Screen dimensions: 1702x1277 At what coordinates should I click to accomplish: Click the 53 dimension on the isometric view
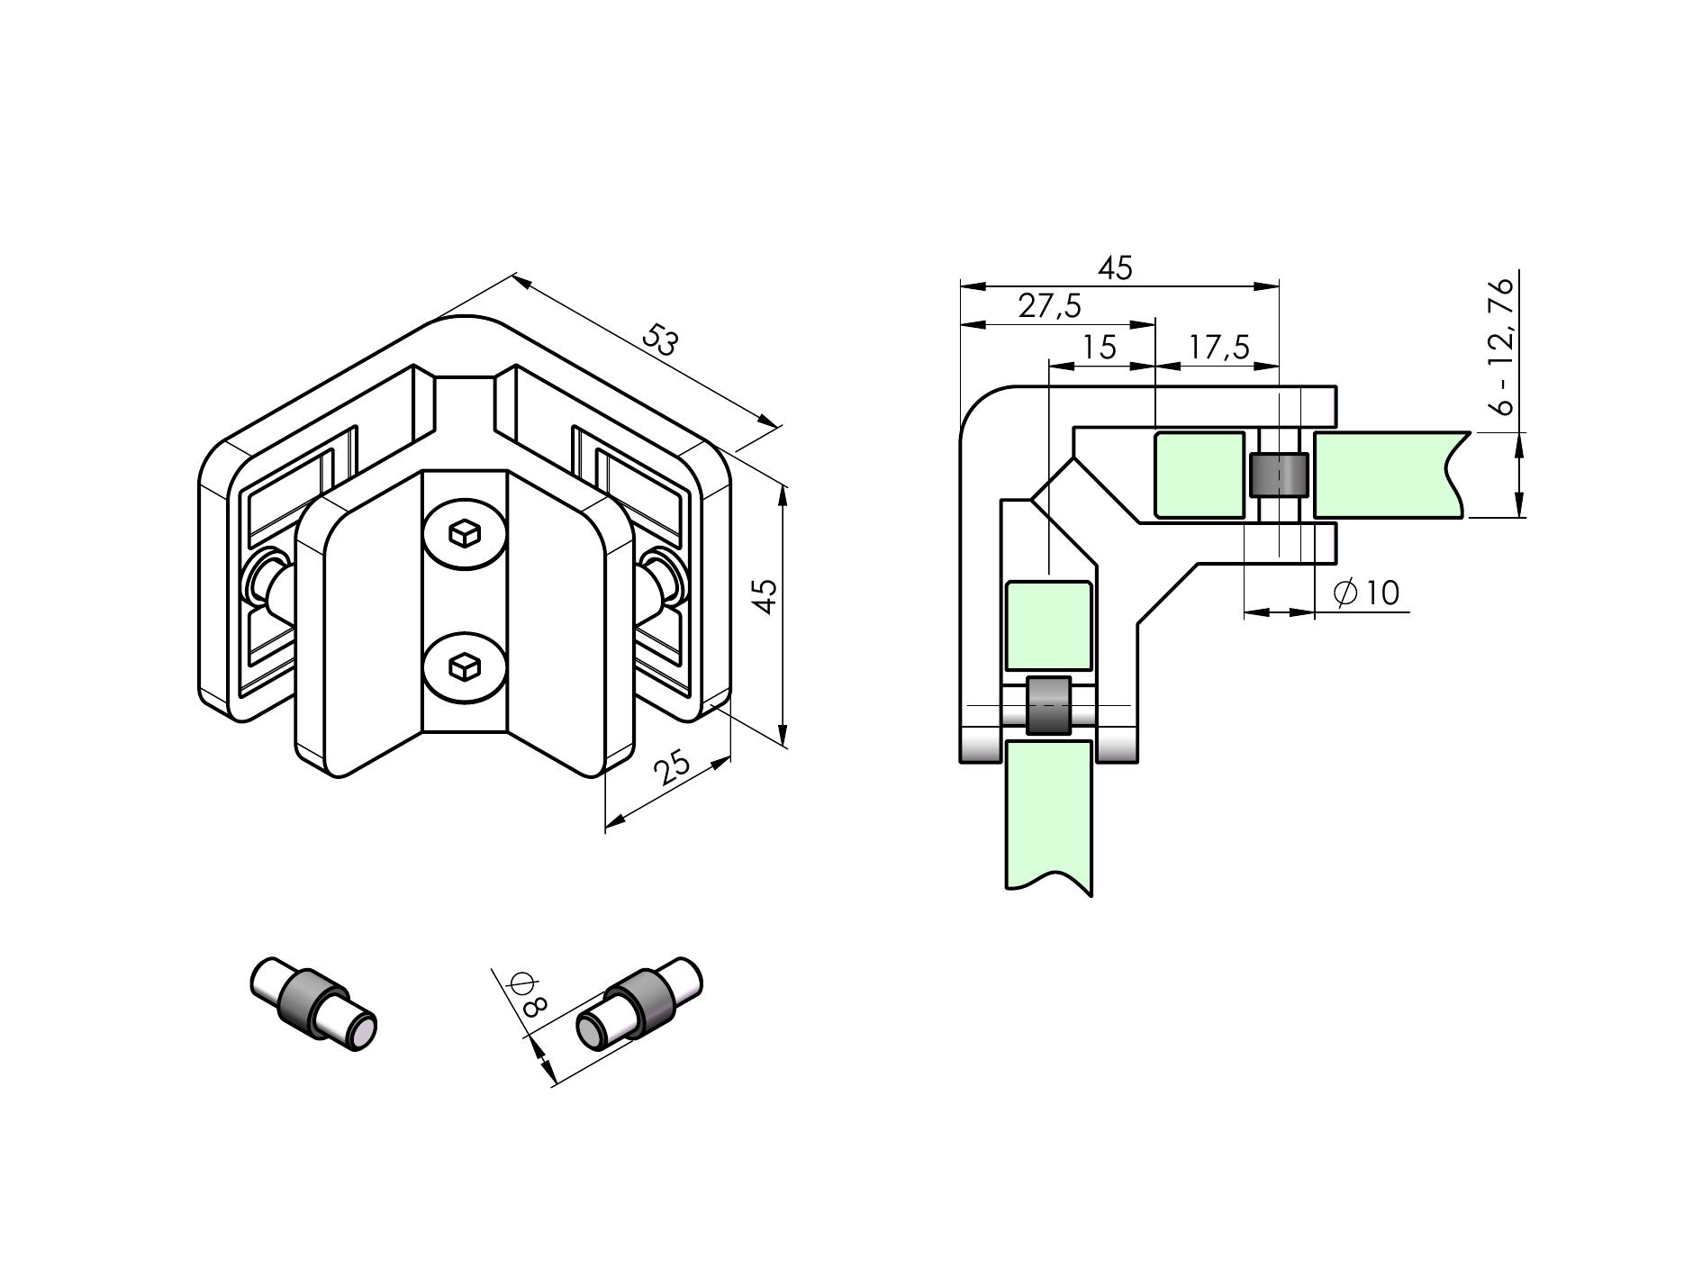pos(659,341)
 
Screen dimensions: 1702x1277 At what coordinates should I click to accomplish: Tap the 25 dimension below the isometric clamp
pos(672,767)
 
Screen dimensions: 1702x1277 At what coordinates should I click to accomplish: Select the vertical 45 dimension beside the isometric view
pos(765,596)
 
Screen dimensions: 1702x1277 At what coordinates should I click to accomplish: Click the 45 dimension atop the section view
pos(1115,268)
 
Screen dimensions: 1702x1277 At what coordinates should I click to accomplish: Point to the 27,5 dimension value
pos(1049,306)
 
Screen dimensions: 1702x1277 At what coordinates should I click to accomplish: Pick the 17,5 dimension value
pos(1218,347)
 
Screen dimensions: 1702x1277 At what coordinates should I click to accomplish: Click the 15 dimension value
pos(1100,347)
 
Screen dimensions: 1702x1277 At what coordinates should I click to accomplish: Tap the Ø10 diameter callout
pos(1366,593)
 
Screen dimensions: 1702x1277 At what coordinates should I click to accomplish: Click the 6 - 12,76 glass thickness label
pos(1501,347)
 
